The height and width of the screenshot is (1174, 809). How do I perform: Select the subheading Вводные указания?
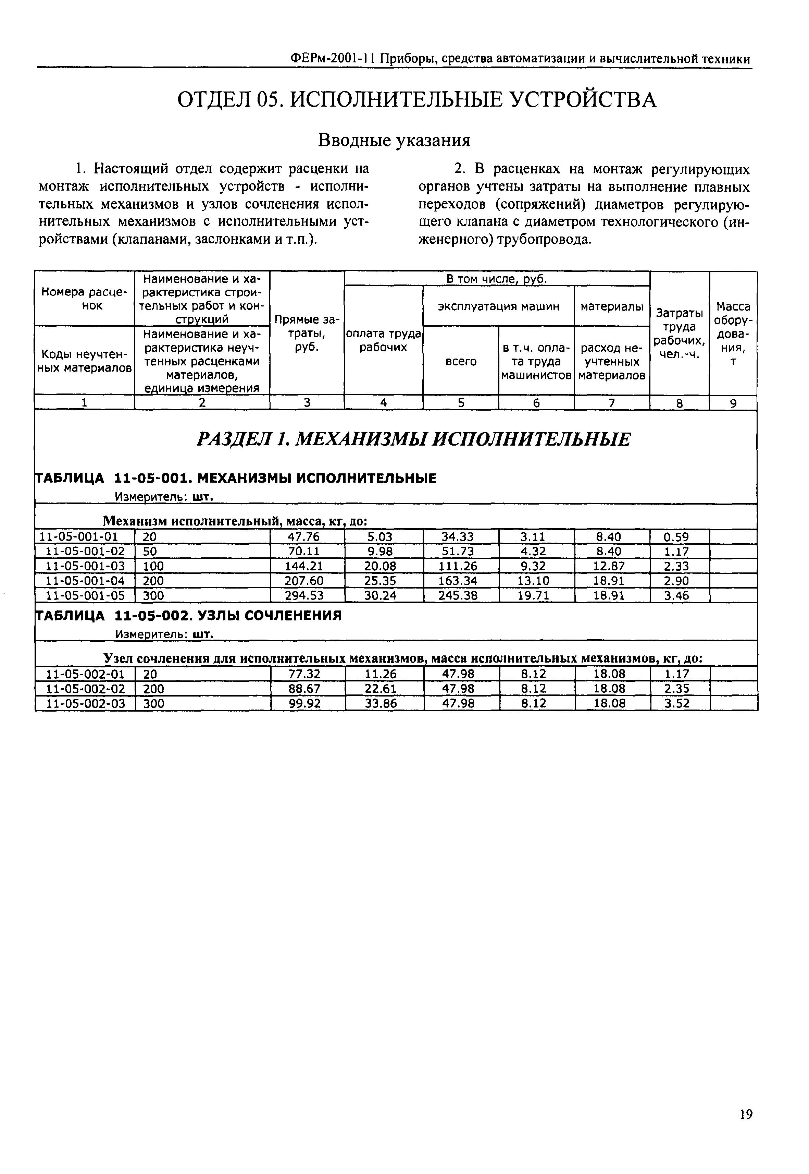(x=394, y=140)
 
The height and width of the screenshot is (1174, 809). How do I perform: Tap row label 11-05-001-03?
(x=85, y=566)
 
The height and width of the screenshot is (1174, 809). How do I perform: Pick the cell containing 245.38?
(x=458, y=595)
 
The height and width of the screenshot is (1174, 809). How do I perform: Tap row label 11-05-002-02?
(x=85, y=689)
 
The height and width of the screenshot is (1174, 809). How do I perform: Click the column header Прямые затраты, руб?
(x=307, y=333)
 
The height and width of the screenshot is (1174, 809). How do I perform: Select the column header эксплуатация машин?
(x=498, y=306)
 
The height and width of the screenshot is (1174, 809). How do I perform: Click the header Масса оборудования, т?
(x=733, y=333)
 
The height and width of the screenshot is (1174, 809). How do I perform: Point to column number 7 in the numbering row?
(x=611, y=403)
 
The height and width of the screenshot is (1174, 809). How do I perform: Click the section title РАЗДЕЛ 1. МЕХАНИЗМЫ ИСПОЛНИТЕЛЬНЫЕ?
(x=413, y=439)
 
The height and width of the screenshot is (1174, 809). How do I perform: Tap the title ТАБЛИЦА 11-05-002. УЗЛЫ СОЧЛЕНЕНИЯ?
(x=189, y=615)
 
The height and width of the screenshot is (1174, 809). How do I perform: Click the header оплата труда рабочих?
(x=383, y=340)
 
